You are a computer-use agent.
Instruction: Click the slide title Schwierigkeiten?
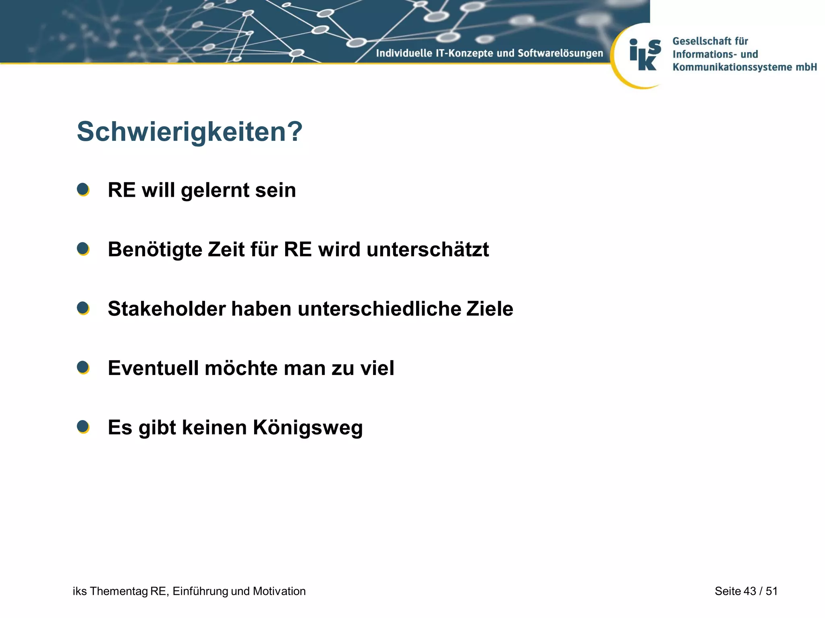point(189,132)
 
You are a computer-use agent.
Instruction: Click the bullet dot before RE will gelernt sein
point(83,190)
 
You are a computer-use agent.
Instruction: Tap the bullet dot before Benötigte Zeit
point(83,249)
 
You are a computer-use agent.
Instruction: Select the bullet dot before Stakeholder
point(83,308)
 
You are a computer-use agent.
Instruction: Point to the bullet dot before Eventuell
point(83,367)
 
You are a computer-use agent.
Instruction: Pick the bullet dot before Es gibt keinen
point(83,427)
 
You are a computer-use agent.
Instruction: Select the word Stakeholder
point(166,309)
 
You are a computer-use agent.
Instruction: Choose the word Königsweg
point(308,428)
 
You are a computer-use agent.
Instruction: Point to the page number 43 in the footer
point(749,591)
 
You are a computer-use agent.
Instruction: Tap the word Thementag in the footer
point(119,591)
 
